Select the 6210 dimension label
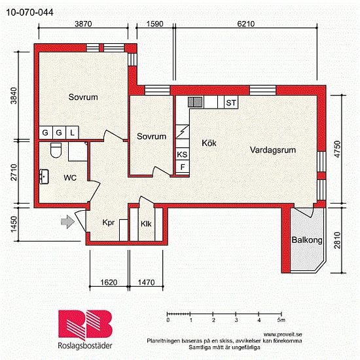(244, 23)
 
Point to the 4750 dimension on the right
(338, 149)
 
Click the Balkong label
(307, 241)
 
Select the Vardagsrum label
(273, 150)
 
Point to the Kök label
(209, 142)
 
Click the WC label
(70, 177)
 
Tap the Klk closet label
(147, 223)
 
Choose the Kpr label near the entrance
(109, 223)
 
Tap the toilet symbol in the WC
(56, 151)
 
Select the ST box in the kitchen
(231, 103)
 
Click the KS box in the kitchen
(182, 154)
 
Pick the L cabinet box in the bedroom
(72, 133)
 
